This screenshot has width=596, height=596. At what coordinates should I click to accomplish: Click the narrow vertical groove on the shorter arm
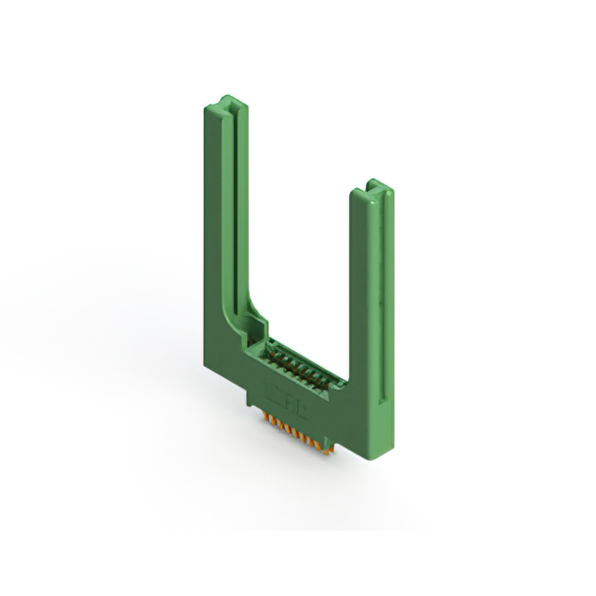[x=382, y=279]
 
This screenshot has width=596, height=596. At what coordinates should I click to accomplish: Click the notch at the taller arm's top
[x=227, y=102]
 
